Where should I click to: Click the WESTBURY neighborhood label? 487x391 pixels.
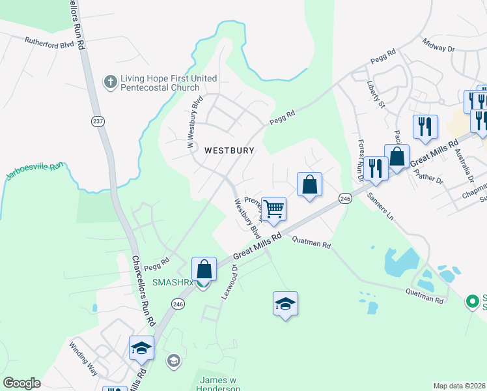(229, 150)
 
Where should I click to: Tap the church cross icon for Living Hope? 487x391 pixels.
(110, 83)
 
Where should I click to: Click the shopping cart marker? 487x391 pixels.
(274, 209)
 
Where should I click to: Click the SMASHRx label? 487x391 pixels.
(173, 282)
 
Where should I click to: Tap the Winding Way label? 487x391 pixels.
(83, 357)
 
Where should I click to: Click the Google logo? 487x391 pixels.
(21, 383)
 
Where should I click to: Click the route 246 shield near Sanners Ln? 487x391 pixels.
(345, 197)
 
